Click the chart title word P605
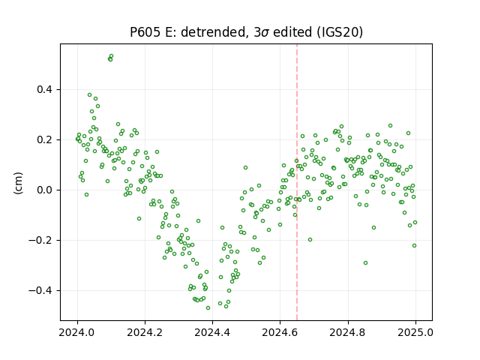point(145,32)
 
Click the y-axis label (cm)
point(18,183)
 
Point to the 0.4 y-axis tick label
point(45,90)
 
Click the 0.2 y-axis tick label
point(45,140)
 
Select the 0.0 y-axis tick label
point(45,190)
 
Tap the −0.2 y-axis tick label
point(40,240)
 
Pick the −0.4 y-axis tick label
point(40,290)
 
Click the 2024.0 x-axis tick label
point(77,332)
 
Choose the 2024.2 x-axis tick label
point(145,332)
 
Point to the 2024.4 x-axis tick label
point(212,332)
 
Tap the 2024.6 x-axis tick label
point(280,332)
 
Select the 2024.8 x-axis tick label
point(347,332)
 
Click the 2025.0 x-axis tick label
point(415,332)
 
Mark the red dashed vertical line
point(297,182)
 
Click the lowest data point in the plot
point(208,308)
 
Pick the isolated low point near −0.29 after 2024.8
point(365,263)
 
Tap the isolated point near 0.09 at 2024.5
point(245,168)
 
